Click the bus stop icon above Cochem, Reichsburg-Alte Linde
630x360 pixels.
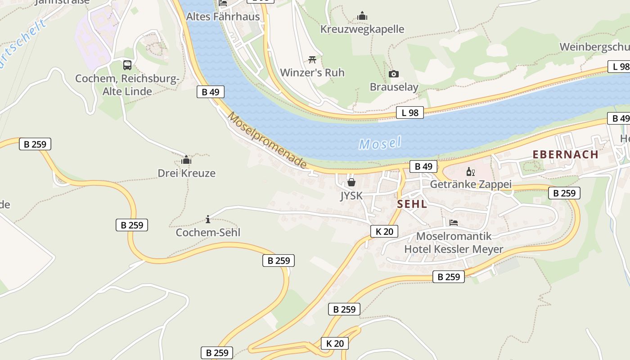pyautogui.click(x=127, y=65)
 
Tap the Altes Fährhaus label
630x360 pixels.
pyautogui.click(x=223, y=17)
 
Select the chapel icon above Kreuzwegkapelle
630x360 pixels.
pyautogui.click(x=362, y=16)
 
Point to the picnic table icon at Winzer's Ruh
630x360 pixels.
pyautogui.click(x=312, y=59)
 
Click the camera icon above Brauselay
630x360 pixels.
pyautogui.click(x=394, y=74)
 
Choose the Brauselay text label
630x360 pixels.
pyautogui.click(x=394, y=87)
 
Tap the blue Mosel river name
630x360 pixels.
pyautogui.click(x=380, y=144)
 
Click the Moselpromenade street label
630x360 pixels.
pyautogui.click(x=267, y=140)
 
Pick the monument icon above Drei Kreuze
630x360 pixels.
pyautogui.click(x=186, y=160)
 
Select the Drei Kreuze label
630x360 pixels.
pyautogui.click(x=186, y=173)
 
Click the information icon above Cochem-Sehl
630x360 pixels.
pyautogui.click(x=208, y=219)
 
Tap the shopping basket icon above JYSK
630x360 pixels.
pyautogui.click(x=351, y=182)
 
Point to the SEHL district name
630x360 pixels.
pyautogui.click(x=412, y=204)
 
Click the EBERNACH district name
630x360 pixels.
pyautogui.click(x=565, y=154)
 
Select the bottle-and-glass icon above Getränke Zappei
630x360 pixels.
pyautogui.click(x=471, y=171)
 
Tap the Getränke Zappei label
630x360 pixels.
pyautogui.click(x=471, y=184)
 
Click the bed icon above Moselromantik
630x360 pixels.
pyautogui.click(x=454, y=223)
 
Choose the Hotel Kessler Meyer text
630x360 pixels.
pyautogui.click(x=454, y=249)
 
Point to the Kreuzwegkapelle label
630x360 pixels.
pyautogui.click(x=362, y=29)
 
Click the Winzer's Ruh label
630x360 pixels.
pyautogui.click(x=312, y=72)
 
